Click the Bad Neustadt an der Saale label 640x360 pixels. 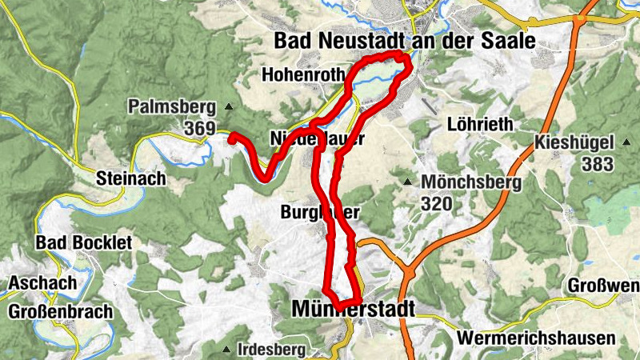[x=402, y=41]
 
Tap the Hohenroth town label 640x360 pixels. [x=302, y=75]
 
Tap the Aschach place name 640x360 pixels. [x=43, y=282]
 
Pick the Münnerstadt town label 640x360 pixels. [x=354, y=309]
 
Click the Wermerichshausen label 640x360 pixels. [x=536, y=338]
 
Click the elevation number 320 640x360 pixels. [x=436, y=203]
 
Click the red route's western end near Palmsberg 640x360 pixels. [x=232, y=138]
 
